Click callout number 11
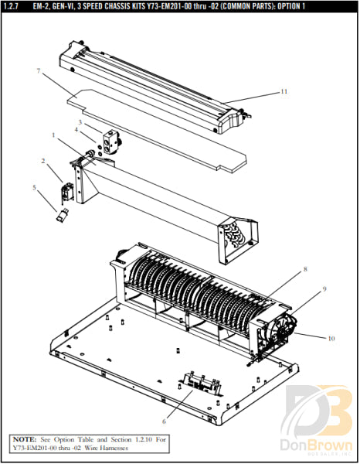point(284,91)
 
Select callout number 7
point(38,71)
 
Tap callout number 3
point(79,122)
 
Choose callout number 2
point(43,162)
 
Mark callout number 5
point(34,186)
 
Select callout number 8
point(305,269)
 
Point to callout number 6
point(164,423)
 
